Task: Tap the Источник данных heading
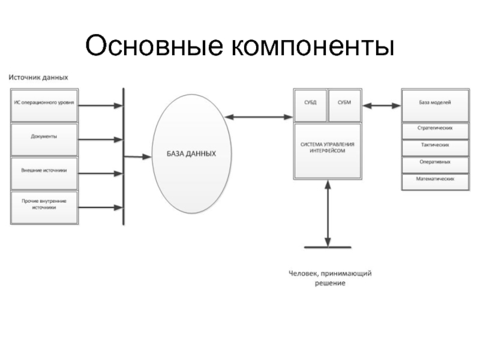[38, 77]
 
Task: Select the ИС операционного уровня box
[44, 104]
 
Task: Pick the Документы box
[44, 137]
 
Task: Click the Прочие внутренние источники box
[44, 206]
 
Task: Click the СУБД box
[310, 104]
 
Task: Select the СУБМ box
[344, 104]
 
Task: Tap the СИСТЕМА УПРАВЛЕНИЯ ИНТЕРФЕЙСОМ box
[328, 150]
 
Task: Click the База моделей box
[434, 104]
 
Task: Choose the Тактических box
[434, 146]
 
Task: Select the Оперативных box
[434, 163]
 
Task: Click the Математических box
[434, 180]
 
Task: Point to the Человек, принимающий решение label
[330, 278]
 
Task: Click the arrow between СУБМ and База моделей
[382, 106]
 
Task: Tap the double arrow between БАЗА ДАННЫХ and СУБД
[259, 117]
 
